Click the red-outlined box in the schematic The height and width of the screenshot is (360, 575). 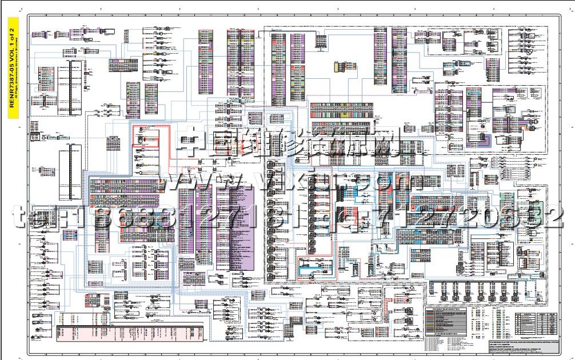coord(152,137)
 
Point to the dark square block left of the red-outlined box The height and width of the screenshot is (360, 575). coord(113,143)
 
